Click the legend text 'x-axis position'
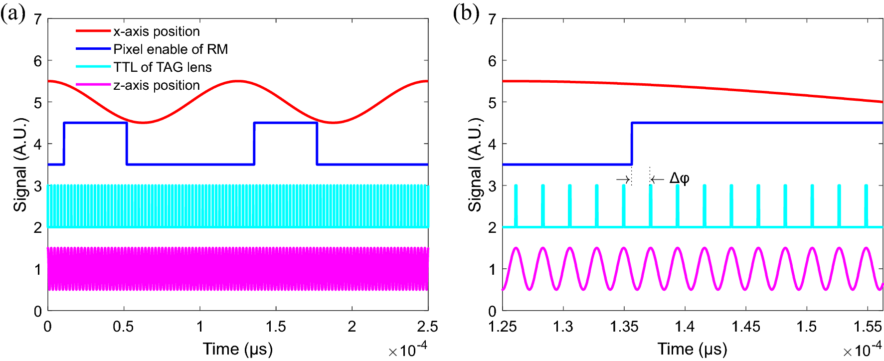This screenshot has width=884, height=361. pos(156,31)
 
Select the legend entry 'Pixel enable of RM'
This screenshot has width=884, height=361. pos(171,49)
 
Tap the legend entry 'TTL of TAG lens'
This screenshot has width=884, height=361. pos(162,67)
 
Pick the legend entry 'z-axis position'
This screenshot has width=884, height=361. pos(156,85)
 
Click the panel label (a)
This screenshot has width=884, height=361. pos(12,13)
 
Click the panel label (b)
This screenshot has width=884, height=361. pos(466,13)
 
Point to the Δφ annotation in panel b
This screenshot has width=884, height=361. pos(679,179)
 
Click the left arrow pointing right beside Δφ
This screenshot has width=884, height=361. pos(623,179)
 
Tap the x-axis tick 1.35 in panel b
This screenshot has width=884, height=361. pos(624,327)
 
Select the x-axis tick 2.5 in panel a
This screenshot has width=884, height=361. pos(427,327)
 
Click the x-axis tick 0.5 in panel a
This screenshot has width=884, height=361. pos(123,327)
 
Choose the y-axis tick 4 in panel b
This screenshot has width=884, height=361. pos(492,144)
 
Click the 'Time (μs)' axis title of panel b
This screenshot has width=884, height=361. pos(692,349)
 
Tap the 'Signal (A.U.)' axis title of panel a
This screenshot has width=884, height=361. pos(20,165)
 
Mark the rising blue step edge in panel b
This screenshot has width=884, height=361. pos(632,144)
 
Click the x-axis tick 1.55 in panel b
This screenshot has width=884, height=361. pos(868,327)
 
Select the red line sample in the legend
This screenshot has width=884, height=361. pos(93,31)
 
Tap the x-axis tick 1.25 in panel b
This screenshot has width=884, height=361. pos(503,327)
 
